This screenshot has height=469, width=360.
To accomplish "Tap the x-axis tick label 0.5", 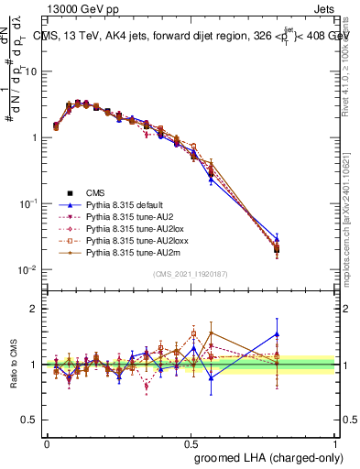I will click(191, 442).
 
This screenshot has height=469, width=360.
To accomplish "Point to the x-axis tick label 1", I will click(334, 442).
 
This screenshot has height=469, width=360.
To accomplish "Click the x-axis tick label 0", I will click(47, 442).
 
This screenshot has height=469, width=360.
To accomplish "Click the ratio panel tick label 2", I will click(33, 310).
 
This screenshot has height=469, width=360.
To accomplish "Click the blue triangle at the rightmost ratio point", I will click(278, 334).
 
